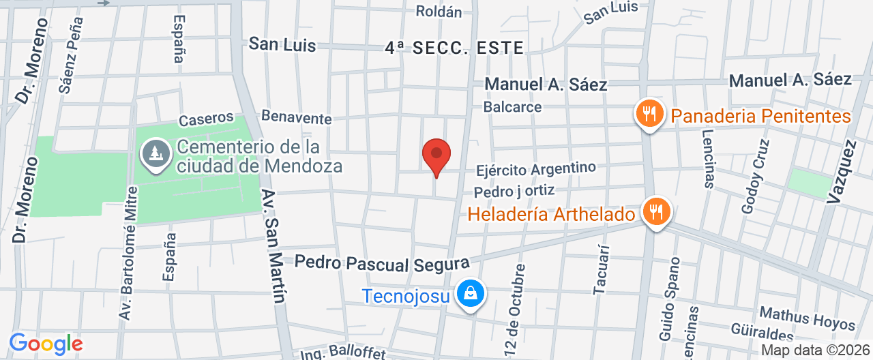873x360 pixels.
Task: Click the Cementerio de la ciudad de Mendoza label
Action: click(x=258, y=156)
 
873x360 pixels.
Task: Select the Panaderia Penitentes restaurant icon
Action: click(x=650, y=113)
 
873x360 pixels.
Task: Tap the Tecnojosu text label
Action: click(x=405, y=296)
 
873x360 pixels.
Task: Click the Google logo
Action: click(x=46, y=344)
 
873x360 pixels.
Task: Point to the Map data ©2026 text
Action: click(x=815, y=350)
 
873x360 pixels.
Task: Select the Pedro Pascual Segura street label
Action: click(x=383, y=262)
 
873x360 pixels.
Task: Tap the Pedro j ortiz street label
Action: click(x=514, y=191)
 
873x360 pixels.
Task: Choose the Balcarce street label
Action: click(x=512, y=107)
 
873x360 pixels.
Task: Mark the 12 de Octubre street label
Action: click(x=516, y=309)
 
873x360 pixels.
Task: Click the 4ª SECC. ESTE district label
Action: click(x=454, y=48)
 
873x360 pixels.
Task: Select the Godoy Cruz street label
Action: click(x=756, y=177)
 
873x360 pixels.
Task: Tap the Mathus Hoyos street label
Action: click(x=807, y=318)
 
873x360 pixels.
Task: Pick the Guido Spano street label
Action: click(x=669, y=298)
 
